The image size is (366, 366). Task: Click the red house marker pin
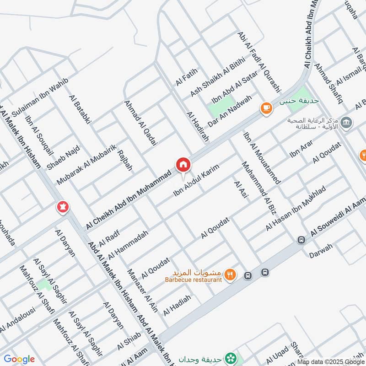pos(183,164)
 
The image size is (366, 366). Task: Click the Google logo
pos(19,359)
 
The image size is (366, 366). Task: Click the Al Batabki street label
pos(81,109)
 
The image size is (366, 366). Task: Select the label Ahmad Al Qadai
pos(141,123)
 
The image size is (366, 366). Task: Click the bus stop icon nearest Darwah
pos(301,240)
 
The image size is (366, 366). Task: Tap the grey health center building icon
pos(347,122)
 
